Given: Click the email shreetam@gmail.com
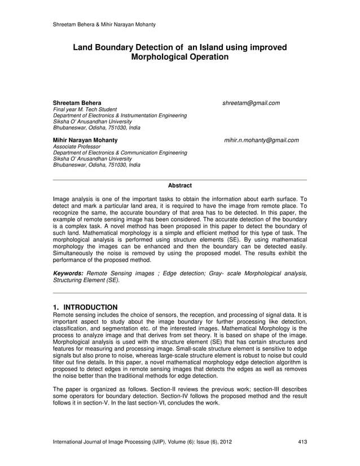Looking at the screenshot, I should [x=251, y=103].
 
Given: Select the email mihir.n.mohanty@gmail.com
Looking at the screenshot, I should [x=261, y=140].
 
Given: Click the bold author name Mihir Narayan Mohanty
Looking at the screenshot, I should [x=85, y=140].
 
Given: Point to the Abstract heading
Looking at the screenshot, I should [x=180, y=186].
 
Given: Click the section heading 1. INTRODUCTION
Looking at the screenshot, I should [x=85, y=307].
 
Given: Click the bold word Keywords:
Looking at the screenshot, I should [x=68, y=273].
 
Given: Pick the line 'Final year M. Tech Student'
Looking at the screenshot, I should [x=86, y=109].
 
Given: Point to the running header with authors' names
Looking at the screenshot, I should [x=104, y=24].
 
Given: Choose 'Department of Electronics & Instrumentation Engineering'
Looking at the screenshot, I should [x=120, y=116].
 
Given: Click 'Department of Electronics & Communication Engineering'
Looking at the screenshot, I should [x=120, y=152].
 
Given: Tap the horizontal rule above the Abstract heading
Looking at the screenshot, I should [x=180, y=179].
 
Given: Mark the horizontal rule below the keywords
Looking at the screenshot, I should [x=180, y=293].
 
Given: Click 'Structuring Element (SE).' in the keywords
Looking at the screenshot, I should [x=86, y=279].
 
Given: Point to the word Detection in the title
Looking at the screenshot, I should [x=150, y=47].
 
